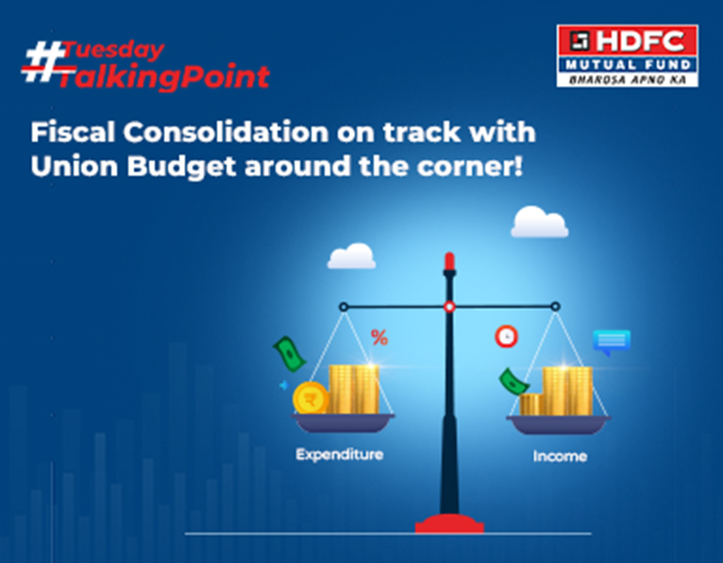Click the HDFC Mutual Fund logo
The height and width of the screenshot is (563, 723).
(627, 55)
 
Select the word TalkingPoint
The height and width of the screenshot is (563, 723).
(163, 77)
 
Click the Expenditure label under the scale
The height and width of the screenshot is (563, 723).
(340, 454)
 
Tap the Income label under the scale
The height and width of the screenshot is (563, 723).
(560, 456)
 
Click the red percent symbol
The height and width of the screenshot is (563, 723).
(379, 336)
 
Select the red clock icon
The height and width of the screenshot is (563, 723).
(506, 336)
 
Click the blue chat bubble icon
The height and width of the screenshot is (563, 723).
(611, 341)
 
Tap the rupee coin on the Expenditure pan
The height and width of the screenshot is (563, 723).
(311, 398)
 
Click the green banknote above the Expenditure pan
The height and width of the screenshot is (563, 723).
(289, 353)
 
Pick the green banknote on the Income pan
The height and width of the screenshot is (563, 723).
(513, 382)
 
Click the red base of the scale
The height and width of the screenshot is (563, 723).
(449, 523)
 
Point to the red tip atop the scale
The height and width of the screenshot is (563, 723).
(449, 261)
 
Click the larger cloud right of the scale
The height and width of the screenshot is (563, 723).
(540, 223)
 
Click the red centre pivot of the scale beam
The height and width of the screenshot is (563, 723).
(449, 306)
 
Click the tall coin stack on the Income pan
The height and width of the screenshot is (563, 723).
(567, 390)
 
